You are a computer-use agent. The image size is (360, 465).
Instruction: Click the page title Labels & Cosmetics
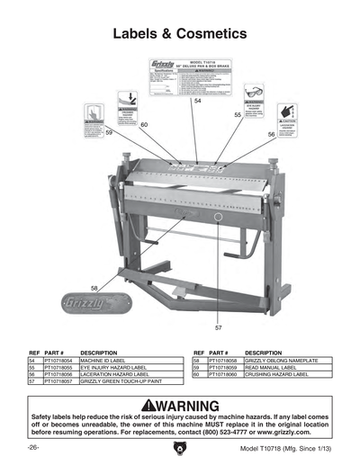tap(179, 33)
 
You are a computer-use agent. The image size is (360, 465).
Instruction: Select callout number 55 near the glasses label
tap(238, 115)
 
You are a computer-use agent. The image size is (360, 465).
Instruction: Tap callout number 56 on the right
tap(271, 133)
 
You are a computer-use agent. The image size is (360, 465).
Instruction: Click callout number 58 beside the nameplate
tap(94, 287)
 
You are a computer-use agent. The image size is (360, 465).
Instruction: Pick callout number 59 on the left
tap(109, 132)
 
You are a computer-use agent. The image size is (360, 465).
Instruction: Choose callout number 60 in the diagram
tap(144, 123)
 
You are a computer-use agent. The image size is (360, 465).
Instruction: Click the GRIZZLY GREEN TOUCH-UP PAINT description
tap(121, 381)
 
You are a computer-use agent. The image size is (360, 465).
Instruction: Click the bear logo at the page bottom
tap(179, 448)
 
